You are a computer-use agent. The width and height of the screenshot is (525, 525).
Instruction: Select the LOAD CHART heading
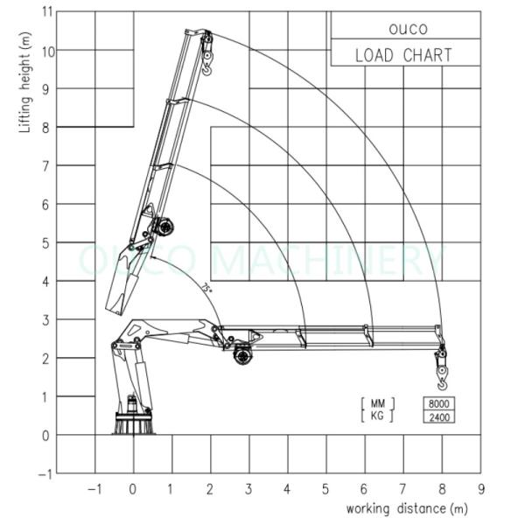point(403,55)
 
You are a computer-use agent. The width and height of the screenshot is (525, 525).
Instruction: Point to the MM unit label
point(377,403)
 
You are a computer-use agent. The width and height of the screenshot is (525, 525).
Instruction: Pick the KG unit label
point(377,416)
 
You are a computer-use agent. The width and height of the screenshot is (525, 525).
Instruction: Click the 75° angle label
point(206,287)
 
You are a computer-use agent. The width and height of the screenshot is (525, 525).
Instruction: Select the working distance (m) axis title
point(408,508)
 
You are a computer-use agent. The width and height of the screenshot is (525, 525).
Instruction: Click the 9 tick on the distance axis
point(480,488)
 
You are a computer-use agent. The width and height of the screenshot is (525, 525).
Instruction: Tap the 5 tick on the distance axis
point(326,488)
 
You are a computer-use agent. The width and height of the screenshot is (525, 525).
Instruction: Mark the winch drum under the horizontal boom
point(242,355)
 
